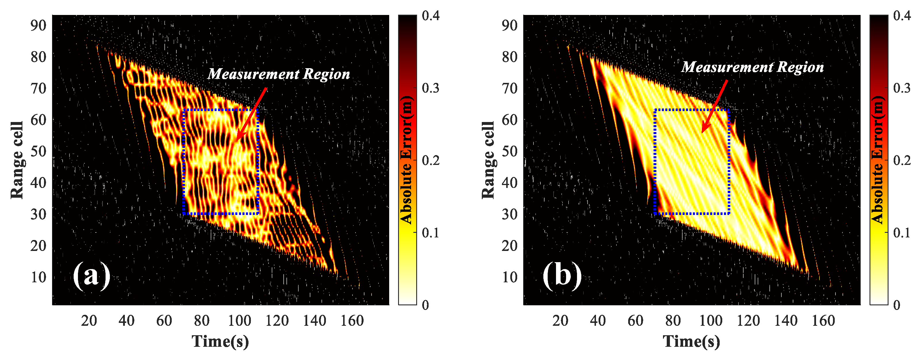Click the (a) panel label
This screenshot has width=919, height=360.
tap(91, 276)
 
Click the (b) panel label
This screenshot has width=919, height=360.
tap(562, 276)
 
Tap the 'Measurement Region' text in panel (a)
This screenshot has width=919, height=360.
tap(279, 74)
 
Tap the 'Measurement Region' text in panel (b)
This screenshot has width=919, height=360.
tap(752, 67)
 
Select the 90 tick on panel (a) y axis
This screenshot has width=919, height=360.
tap(38, 25)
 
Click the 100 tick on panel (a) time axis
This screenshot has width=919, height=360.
tap(239, 320)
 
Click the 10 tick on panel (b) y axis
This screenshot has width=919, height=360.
tap(509, 277)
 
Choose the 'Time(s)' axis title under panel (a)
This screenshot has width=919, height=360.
tap(220, 341)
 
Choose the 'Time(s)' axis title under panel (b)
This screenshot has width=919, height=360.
tap(691, 341)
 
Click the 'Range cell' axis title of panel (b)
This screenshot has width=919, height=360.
tap(488, 160)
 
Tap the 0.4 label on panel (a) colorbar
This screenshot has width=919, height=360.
tap(430, 16)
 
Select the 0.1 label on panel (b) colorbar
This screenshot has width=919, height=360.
tap(902, 233)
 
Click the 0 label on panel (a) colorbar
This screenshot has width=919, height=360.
tap(425, 305)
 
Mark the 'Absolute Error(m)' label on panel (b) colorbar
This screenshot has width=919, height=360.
tap(878, 160)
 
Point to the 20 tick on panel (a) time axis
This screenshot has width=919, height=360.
tap(89, 320)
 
